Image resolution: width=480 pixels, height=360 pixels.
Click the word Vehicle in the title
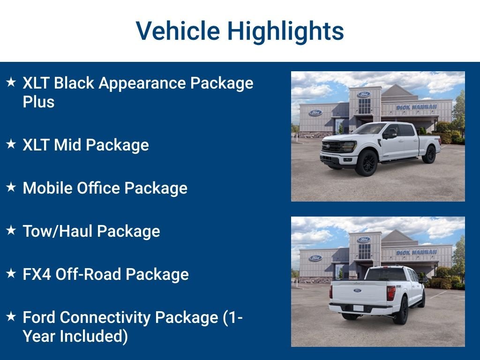(178, 31)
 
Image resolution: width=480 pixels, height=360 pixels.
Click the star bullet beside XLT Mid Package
(11, 143)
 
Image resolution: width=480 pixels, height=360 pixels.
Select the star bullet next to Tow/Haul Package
(11, 230)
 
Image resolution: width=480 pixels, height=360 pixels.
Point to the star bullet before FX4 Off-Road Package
(11, 273)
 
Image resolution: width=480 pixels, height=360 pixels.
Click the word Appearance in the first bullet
(142, 84)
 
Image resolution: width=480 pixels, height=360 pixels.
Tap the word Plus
(38, 102)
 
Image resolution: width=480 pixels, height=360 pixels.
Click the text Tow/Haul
(57, 231)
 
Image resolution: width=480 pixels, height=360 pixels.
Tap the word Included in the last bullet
(94, 336)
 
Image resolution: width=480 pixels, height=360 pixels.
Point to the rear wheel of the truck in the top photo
(429, 154)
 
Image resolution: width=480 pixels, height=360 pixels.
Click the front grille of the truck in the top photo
(332, 147)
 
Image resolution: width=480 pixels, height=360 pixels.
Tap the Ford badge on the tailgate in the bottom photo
(358, 290)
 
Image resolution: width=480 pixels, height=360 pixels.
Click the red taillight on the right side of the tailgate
(390, 293)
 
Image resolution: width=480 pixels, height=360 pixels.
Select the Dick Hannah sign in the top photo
(416, 107)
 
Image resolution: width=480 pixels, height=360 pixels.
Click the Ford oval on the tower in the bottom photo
(364, 240)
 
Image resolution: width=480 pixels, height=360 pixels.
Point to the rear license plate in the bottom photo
(359, 308)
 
